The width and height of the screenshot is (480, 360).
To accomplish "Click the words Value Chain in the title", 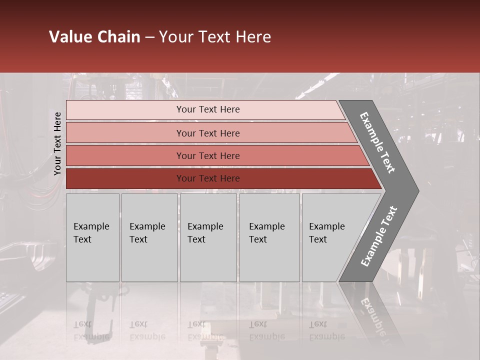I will coord(94,37).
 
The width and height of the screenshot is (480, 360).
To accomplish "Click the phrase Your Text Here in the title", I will coord(214,37).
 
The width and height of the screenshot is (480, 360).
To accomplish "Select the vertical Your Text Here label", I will coord(57,143).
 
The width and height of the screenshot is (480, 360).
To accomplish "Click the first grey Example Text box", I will coord(92,237).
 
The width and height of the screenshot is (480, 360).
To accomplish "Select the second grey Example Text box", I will coord(149,237).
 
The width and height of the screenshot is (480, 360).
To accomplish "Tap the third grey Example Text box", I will coord(208,237).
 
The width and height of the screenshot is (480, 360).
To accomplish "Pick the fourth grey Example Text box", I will coord(269,237).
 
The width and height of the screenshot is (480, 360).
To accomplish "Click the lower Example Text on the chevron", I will coord(379,236).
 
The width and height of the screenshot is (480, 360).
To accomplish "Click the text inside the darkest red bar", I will coord(208,178).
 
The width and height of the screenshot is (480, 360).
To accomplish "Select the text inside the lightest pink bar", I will coord(208,109).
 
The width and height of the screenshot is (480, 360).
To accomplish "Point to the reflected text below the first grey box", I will coord(91,330).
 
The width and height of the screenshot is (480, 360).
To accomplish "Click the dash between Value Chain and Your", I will coord(149,37).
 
